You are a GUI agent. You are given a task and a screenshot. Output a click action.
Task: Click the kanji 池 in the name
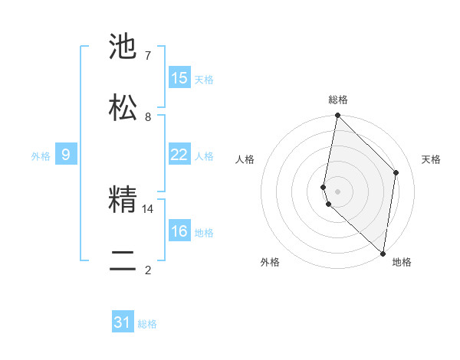click(x=123, y=47)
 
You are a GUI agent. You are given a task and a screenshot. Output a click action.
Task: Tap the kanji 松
click(x=123, y=106)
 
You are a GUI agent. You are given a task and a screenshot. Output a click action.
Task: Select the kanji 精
click(x=123, y=200)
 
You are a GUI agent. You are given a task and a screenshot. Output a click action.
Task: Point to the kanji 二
click(x=123, y=260)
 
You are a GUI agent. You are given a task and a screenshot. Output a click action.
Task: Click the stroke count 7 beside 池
click(x=147, y=56)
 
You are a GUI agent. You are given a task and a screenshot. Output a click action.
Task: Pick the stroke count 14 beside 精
click(x=148, y=208)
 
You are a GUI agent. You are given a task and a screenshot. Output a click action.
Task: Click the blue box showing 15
click(x=179, y=78)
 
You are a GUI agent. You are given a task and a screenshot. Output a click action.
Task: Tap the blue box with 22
click(x=179, y=155)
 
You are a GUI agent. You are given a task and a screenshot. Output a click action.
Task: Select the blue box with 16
click(x=179, y=231)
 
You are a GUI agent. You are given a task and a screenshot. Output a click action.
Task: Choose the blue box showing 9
click(x=66, y=155)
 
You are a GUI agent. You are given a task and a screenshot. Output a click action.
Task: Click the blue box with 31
click(x=123, y=323)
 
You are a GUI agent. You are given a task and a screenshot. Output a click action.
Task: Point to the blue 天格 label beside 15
click(x=204, y=80)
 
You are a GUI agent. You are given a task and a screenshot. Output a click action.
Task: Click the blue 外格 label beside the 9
click(x=41, y=156)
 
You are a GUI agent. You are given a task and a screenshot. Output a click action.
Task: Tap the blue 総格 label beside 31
click(x=147, y=325)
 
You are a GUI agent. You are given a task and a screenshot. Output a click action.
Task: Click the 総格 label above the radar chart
click(x=338, y=100)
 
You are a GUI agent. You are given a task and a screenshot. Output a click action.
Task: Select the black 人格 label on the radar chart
click(x=245, y=159)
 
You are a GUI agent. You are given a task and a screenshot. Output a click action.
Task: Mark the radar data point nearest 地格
click(x=383, y=253)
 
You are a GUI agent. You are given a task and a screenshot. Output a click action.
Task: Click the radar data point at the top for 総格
click(x=337, y=116)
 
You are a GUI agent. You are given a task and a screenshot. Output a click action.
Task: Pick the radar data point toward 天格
click(x=396, y=172)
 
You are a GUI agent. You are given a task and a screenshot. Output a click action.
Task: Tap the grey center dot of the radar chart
click(x=337, y=191)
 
